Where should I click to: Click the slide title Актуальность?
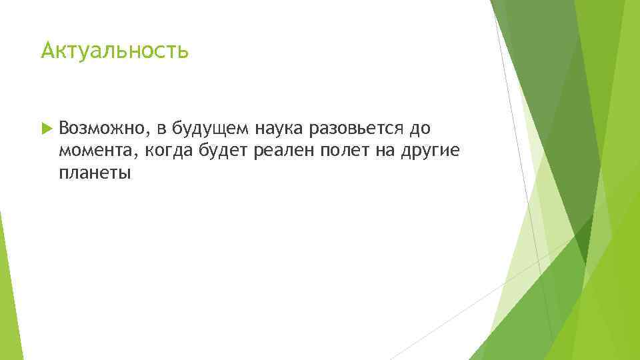point(115,51)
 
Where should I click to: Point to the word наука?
point(276,128)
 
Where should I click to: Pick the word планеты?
point(95,174)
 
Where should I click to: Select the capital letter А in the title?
point(47,51)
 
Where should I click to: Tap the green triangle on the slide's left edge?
point(6,280)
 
